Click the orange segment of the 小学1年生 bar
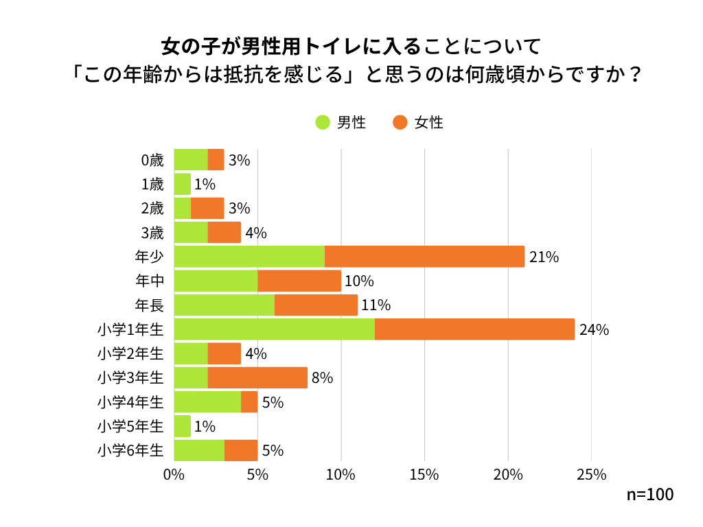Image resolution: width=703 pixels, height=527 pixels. click(x=474, y=329)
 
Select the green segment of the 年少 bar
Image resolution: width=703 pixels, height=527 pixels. click(x=249, y=257)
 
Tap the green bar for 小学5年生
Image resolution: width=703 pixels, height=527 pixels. click(x=182, y=426)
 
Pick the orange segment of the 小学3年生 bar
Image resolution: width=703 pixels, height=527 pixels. click(x=257, y=377)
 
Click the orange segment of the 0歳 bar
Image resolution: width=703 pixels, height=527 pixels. click(x=216, y=160)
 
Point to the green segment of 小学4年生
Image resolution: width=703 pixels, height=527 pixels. click(x=207, y=402)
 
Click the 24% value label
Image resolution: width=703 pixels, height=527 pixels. click(x=594, y=329)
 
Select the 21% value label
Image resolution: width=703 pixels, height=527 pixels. click(x=544, y=257)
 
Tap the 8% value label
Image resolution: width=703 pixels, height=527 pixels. click(x=322, y=378)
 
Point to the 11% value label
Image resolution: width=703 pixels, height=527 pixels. click(x=376, y=305)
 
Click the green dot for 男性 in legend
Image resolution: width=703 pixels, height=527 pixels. click(x=323, y=122)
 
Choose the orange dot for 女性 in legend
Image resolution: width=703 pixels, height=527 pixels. click(x=400, y=122)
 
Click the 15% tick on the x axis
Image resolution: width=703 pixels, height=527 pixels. click(x=424, y=475)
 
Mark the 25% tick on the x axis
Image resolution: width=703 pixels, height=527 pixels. click(x=591, y=475)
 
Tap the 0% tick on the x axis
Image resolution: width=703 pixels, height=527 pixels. click(x=174, y=475)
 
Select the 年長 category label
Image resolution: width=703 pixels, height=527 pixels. click(x=150, y=305)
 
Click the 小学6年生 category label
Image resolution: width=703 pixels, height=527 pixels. click(x=130, y=451)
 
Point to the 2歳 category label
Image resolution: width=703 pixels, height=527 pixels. click(x=152, y=209)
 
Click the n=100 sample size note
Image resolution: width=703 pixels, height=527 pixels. click(x=650, y=494)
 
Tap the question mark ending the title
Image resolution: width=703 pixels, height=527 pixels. click(x=635, y=74)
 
